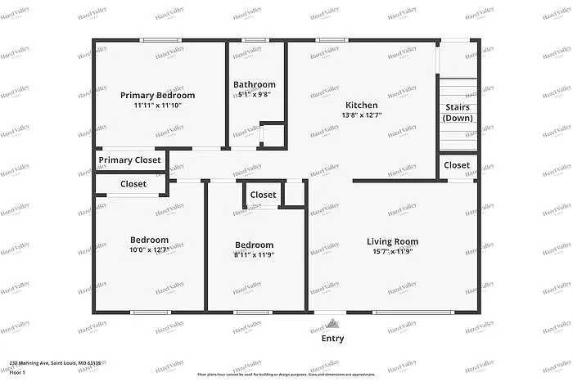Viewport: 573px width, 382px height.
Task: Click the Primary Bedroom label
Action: pos(158,95)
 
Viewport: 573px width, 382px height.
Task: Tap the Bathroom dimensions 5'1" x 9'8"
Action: pos(254,94)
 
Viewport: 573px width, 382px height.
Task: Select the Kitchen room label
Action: pos(361,105)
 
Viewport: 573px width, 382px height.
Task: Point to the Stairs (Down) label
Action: pos(458,113)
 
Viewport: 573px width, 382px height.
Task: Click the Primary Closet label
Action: pos(130,160)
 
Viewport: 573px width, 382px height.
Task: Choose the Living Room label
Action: pos(392,241)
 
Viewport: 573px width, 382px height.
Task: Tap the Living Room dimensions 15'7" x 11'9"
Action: pos(392,251)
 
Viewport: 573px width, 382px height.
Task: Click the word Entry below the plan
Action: pos(332,339)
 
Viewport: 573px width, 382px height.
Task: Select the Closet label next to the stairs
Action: pos(457,165)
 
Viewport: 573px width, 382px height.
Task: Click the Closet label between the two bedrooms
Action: pos(263,195)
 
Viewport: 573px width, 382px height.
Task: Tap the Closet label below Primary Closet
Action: pos(133,184)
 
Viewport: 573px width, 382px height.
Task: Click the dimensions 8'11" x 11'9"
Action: pos(254,254)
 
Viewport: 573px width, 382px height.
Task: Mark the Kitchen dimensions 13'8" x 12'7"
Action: pos(361,115)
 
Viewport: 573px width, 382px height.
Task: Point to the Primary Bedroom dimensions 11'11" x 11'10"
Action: pos(158,105)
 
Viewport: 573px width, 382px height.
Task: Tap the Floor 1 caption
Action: pos(18,373)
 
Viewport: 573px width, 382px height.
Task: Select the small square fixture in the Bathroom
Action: pos(272,134)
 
